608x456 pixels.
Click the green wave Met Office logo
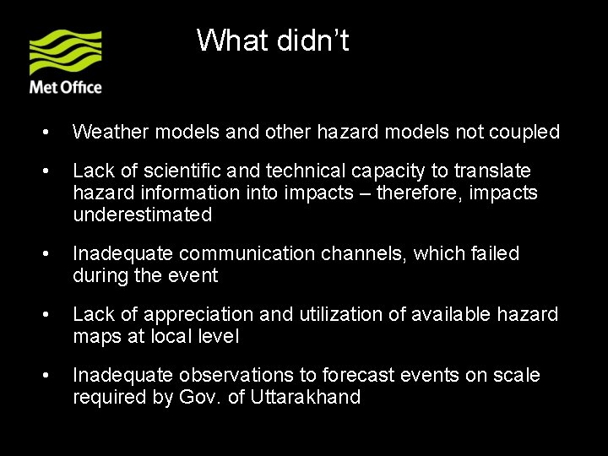(x=66, y=53)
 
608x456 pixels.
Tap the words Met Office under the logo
(x=66, y=87)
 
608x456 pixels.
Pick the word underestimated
(x=143, y=214)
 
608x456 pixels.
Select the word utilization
(x=329, y=314)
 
